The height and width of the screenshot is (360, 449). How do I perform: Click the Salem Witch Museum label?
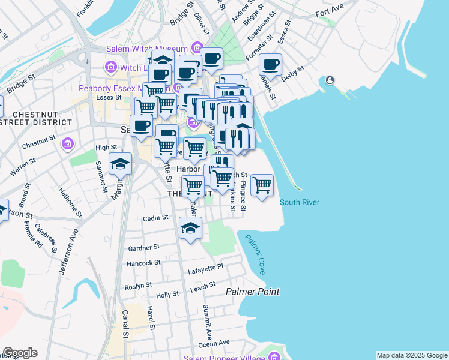pos(147,49)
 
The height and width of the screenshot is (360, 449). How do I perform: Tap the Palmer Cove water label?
pos(255,254)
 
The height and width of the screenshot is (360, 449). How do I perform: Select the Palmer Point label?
pos(252,292)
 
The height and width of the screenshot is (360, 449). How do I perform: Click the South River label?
pos(299,202)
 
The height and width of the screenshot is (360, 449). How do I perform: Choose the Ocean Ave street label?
pos(214,343)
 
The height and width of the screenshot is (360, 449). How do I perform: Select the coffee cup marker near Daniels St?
pos(270,65)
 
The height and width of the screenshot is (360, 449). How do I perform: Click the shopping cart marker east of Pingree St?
pos(262,186)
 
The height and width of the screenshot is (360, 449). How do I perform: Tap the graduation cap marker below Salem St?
pos(191,229)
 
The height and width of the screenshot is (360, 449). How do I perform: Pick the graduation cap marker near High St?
pos(120,164)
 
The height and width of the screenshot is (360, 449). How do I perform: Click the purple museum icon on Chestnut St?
pos(67,144)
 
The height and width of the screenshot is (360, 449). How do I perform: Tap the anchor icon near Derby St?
pos(329,80)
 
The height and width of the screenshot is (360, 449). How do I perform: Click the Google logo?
pos(20,353)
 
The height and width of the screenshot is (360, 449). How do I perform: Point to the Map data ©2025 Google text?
pos(412,355)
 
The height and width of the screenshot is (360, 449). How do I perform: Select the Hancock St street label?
pos(143,263)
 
